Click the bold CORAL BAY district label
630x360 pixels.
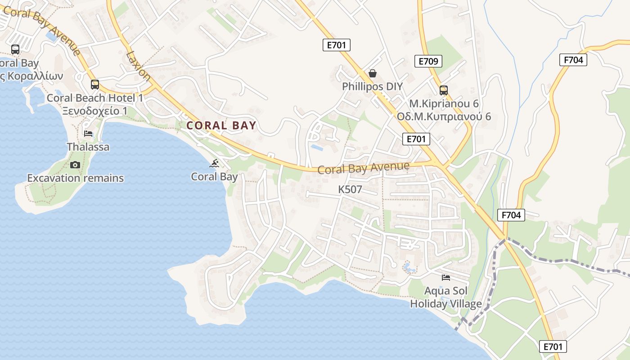[221, 126]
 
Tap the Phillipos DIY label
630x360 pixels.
[372, 86]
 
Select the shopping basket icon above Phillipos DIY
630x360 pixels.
[373, 73]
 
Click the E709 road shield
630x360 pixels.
[428, 61]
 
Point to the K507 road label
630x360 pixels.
[350, 189]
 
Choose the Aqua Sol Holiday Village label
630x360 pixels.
[446, 298]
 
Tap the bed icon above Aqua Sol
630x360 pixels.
[446, 278]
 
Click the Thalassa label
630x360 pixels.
[88, 147]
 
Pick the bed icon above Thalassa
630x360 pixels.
[88, 134]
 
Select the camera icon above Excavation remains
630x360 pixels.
[75, 165]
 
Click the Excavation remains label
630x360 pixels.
[75, 178]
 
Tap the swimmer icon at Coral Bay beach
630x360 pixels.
[215, 163]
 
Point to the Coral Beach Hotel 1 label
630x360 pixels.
[95, 98]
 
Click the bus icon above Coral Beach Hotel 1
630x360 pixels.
[95, 85]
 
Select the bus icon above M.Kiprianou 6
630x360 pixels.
[444, 90]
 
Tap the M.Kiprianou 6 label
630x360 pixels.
[444, 103]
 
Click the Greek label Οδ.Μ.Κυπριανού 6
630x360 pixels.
[444, 117]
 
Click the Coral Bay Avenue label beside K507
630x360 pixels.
[364, 168]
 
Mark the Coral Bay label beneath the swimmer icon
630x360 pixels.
[214, 176]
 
